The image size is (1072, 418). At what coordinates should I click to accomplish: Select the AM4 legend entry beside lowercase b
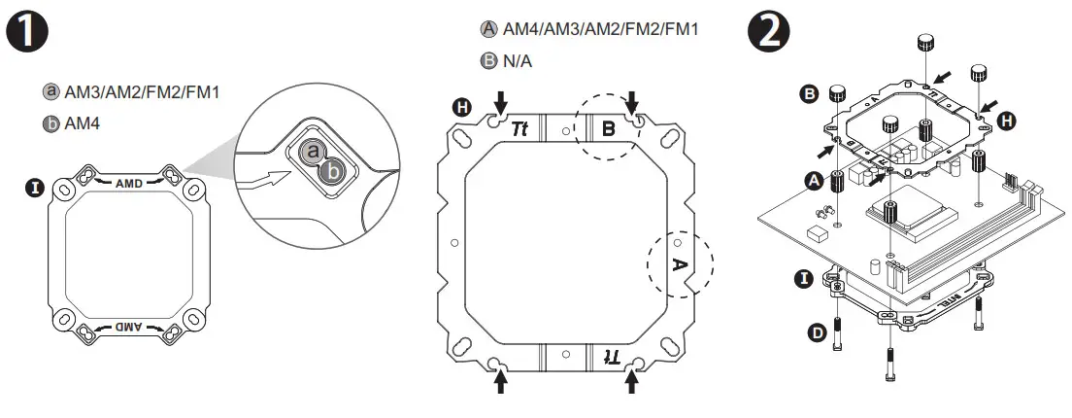82,124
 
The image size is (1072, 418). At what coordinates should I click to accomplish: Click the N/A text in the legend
518,61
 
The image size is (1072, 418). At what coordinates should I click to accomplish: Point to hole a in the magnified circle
312,152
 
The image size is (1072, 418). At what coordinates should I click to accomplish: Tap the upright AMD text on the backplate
129,183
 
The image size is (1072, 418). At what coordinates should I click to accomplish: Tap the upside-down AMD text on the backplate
129,328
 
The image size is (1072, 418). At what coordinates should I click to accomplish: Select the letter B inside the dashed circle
608,128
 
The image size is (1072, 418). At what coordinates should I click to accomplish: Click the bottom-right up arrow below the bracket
632,382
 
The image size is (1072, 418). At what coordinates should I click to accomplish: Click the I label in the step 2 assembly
804,279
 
